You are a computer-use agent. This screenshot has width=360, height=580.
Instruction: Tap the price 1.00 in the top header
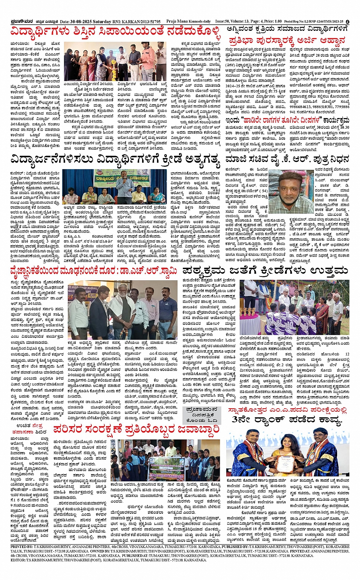point(277,21)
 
